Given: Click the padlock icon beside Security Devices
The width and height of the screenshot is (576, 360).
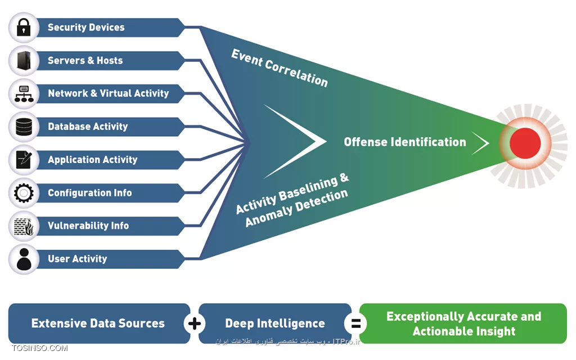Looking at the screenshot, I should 24,28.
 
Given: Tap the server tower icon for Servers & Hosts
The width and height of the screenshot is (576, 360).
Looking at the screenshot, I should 24,61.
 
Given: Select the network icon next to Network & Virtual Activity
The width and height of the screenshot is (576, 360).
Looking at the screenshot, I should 24,94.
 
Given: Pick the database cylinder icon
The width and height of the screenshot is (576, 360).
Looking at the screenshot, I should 24,127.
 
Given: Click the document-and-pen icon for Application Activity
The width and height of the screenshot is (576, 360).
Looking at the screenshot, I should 24,160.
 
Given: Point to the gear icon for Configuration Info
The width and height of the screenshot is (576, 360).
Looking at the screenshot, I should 24,193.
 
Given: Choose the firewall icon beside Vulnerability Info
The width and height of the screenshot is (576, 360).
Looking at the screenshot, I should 24,226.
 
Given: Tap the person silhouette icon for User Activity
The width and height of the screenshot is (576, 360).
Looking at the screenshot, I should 24,259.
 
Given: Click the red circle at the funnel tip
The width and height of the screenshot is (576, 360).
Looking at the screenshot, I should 525,143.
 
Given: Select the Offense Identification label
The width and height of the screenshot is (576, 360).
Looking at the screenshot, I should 405,142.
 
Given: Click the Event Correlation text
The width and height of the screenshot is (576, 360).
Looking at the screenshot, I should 280,68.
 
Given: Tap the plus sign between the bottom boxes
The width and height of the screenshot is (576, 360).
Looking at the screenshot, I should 195,323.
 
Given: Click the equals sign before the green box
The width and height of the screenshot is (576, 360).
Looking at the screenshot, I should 355,323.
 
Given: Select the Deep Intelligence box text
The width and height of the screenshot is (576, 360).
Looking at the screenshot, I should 274,323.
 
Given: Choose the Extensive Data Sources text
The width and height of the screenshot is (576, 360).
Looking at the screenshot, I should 98,323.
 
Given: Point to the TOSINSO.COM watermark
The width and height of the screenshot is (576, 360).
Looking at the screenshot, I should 39,348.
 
